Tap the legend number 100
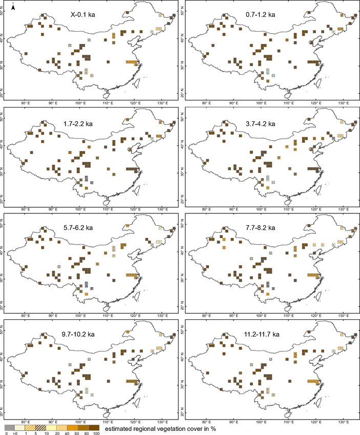[95, 432]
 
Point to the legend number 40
[68, 432]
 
